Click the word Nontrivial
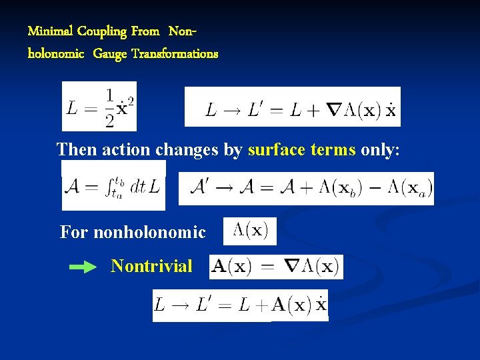pyautogui.click(x=151, y=266)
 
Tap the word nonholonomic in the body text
pyautogui.click(x=149, y=233)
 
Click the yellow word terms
pyautogui.click(x=333, y=149)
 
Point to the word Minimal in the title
pyautogui.click(x=50, y=31)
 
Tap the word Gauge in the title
pyautogui.click(x=110, y=54)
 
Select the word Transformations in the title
pyautogui.click(x=175, y=54)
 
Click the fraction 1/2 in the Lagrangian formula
pyautogui.click(x=109, y=107)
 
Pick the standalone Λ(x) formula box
pyautogui.click(x=250, y=231)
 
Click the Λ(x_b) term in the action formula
pyautogui.click(x=341, y=189)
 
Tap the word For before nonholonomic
pyautogui.click(x=73, y=233)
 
